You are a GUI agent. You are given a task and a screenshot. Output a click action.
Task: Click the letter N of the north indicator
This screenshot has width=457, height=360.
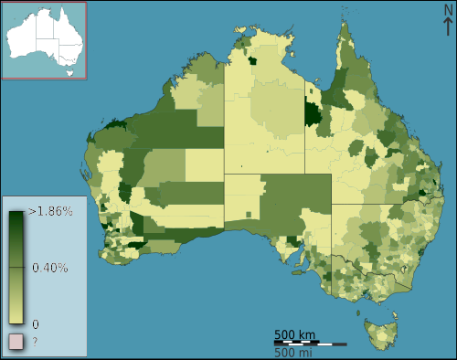(447, 10)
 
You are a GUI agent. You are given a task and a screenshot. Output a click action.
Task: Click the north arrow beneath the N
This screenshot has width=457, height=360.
(447, 26)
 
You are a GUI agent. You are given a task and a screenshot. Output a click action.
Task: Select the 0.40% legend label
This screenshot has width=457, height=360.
(50, 268)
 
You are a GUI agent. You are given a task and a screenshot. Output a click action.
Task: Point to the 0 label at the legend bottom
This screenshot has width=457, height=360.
(36, 323)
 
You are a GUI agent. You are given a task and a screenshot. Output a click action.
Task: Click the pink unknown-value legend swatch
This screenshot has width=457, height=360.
(16, 342)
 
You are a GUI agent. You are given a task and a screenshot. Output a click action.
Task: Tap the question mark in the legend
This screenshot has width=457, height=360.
(35, 343)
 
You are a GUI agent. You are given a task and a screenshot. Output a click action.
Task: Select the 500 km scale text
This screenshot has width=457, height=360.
(295, 334)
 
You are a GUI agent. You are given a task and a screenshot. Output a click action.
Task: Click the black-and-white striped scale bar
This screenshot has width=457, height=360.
(310, 344)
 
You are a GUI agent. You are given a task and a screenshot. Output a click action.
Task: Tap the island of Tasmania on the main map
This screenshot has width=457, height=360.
(380, 331)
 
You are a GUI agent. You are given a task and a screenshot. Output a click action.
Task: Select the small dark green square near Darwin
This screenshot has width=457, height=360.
(251, 61)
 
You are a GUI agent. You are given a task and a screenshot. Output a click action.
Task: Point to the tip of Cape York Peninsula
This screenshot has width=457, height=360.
(347, 22)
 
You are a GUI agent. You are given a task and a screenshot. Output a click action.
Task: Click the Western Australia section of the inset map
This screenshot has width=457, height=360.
(22, 40)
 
